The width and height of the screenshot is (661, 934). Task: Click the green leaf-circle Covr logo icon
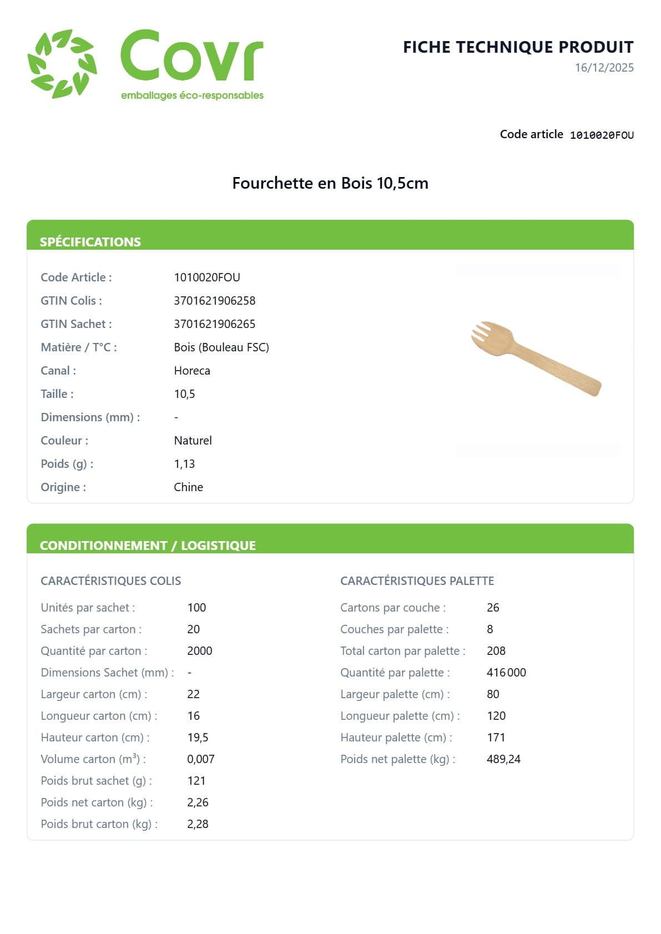click(x=62, y=64)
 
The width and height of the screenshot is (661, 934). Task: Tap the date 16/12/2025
click(x=604, y=68)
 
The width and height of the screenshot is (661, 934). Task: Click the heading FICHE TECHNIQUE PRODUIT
click(x=518, y=47)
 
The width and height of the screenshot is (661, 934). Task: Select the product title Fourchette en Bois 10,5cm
click(x=330, y=183)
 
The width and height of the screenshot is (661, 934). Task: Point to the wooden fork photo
click(x=536, y=359)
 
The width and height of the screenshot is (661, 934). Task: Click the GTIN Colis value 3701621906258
click(x=215, y=301)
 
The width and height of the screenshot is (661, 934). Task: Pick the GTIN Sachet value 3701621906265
click(x=215, y=324)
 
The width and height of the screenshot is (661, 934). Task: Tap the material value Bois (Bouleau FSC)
click(x=221, y=347)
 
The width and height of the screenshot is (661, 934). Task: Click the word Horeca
click(x=192, y=371)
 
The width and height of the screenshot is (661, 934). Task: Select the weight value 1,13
click(x=184, y=464)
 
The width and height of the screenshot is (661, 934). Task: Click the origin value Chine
click(x=189, y=487)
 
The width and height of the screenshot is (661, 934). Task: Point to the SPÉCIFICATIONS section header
click(x=90, y=242)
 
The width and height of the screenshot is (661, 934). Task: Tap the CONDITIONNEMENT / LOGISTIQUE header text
click(x=148, y=546)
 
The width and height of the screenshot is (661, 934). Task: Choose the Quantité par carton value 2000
click(x=200, y=651)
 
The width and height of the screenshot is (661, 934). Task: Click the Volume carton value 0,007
click(x=201, y=759)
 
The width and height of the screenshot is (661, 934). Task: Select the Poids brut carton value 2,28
click(x=198, y=824)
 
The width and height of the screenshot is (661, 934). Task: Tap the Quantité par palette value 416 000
click(x=506, y=673)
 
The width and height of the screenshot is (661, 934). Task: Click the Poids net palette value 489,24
click(x=503, y=759)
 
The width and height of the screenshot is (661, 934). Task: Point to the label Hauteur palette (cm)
click(x=396, y=738)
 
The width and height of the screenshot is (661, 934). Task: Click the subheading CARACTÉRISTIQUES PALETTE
click(x=417, y=581)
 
